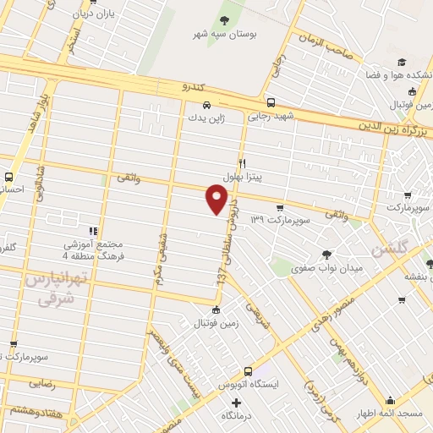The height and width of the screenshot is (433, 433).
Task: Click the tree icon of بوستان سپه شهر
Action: [x=224, y=19]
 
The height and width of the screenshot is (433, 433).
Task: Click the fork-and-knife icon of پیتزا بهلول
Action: [x=242, y=164]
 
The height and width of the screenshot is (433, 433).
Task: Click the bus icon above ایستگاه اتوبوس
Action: [x=248, y=370]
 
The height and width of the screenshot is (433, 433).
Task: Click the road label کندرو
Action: [x=193, y=85]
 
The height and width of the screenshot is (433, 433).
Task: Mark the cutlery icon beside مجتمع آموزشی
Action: [x=92, y=230]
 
